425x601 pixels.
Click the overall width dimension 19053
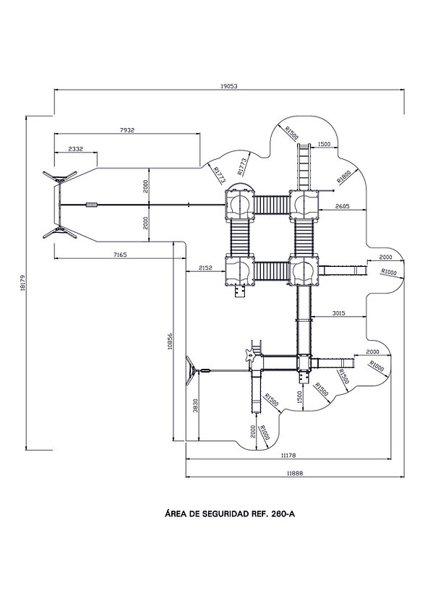click(229, 86)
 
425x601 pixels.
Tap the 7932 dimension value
click(127, 130)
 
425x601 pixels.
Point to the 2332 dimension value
click(75, 149)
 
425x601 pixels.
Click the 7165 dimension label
click(120, 255)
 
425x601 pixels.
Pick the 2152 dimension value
click(205, 268)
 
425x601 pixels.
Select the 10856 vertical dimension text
click(170, 341)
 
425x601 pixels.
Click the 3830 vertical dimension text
click(195, 405)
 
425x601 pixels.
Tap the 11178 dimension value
click(288, 456)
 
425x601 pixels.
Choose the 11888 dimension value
click(294, 474)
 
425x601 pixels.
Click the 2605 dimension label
click(342, 206)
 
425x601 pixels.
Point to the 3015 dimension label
click(339, 313)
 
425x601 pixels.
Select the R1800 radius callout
click(344, 176)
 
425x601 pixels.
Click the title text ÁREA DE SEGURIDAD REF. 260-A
click(230, 514)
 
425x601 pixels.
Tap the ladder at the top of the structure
click(304, 166)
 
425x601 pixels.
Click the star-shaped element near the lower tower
click(250, 355)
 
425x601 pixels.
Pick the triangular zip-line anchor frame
click(192, 370)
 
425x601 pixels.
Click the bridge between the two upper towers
click(272, 205)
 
